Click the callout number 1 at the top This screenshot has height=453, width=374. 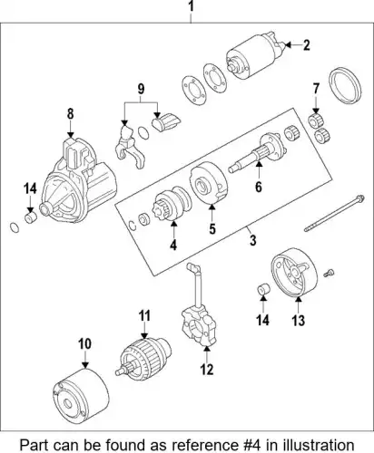191,6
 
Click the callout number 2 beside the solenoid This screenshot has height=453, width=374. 307,45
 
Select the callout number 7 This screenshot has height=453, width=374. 316,89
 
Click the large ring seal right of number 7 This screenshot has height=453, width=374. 345,86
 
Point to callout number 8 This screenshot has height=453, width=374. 70,114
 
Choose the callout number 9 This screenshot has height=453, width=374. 141,89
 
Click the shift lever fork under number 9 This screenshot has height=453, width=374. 130,147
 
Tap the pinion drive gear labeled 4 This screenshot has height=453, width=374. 172,202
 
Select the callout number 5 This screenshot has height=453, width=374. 212,229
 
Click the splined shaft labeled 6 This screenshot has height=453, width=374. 257,154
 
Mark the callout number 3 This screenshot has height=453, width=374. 252,241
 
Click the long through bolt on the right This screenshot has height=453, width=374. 334,214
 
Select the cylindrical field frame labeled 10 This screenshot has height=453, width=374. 81,396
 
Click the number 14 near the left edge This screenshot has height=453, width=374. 30,188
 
